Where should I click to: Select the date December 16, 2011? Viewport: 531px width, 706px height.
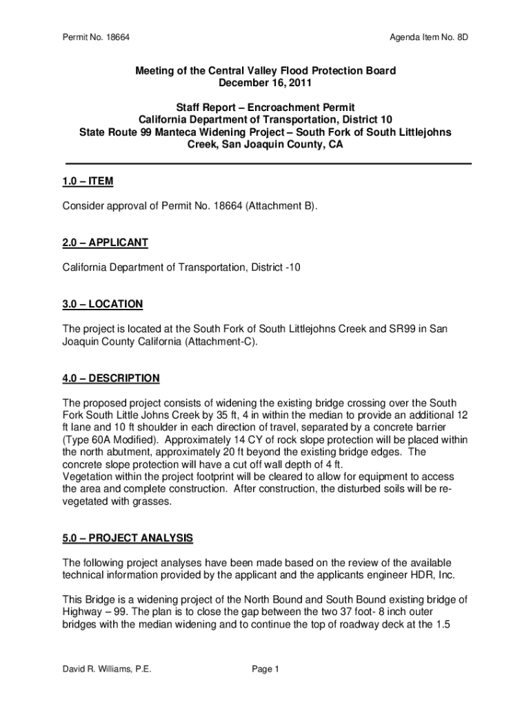click(265, 83)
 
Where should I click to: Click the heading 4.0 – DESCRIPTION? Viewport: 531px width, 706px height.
click(111, 378)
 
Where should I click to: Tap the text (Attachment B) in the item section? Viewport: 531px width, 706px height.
click(282, 206)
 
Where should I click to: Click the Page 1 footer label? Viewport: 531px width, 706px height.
click(265, 668)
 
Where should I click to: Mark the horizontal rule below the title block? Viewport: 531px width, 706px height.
click(268, 163)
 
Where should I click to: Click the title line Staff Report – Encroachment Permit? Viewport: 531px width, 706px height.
click(265, 108)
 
